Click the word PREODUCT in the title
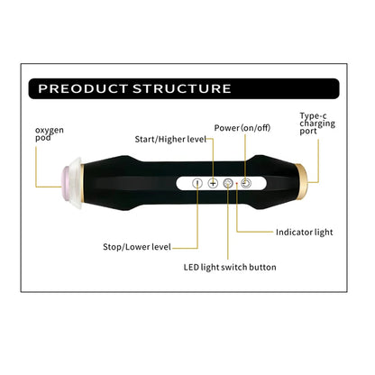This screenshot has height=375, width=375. [83, 88]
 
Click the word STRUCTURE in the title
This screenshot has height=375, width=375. [182, 88]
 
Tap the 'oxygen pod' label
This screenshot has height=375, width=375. [50, 134]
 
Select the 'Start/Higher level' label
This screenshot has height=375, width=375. [170, 140]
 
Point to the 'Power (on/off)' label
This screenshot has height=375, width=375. [242, 128]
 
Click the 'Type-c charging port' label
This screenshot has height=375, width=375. [317, 123]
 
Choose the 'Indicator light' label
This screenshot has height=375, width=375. [305, 233]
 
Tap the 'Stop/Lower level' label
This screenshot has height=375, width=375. [137, 247]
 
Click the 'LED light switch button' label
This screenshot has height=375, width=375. [230, 267]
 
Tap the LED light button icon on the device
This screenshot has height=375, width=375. [228, 183]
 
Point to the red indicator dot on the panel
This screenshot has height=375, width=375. [237, 183]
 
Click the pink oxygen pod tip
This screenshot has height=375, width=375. [67, 182]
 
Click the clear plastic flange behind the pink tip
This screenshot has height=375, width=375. [77, 182]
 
